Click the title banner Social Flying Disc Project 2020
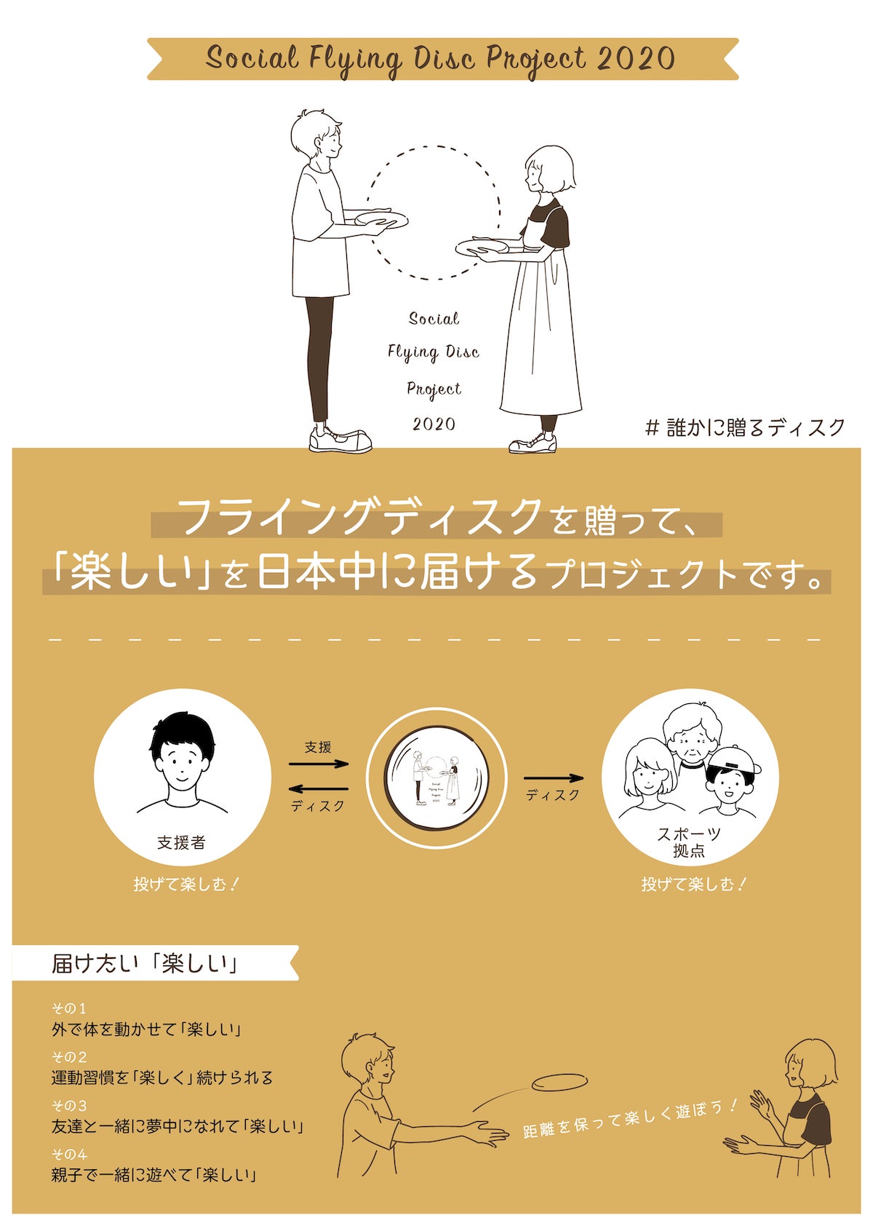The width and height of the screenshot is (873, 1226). tap(441, 58)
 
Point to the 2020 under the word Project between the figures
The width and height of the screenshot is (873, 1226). tap(434, 424)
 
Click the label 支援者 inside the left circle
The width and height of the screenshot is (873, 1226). tap(181, 842)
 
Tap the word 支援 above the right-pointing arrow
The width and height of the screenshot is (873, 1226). tap(318, 747)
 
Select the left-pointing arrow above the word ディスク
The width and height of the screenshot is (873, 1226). tap(319, 788)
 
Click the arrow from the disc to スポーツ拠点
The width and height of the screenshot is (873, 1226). tap(553, 778)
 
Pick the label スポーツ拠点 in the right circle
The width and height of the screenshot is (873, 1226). tap(688, 842)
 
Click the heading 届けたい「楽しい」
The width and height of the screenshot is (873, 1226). tap(145, 963)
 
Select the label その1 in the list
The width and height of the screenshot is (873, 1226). tap(69, 1008)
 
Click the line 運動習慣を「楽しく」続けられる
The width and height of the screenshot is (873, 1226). tap(162, 1077)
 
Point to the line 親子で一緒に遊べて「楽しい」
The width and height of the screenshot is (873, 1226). tap(154, 1174)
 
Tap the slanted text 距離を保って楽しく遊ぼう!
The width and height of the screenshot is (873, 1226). tap(630, 1118)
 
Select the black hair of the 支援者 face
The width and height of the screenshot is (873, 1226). tap(182, 732)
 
